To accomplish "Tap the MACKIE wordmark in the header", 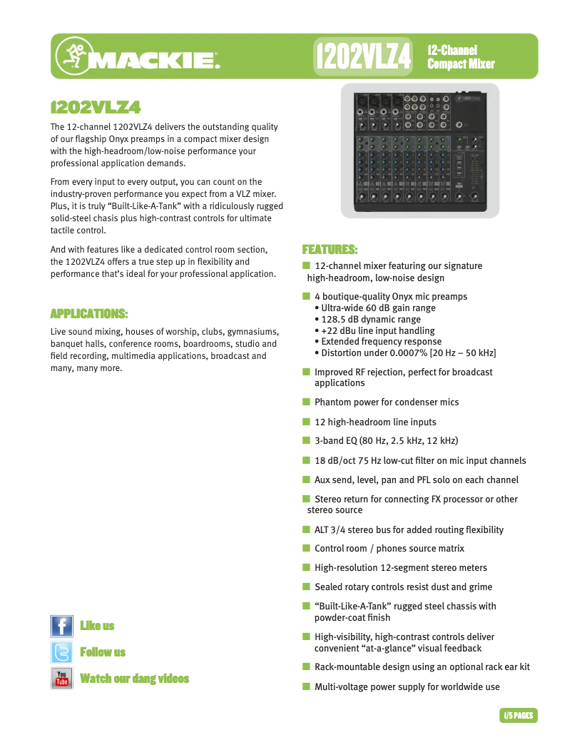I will pos(153,59).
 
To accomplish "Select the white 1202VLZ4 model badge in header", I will pos(364,56).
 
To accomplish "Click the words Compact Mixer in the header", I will pos(461,64).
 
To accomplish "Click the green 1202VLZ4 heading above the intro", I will pos(96,108).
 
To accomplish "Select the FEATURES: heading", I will pos(330,250).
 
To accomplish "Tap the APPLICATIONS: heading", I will pos(89,314).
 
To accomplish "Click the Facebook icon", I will pos(62,626).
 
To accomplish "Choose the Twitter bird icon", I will pos(62,652).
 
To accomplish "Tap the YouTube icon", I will pos(62,678).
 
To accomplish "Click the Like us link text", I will pos(97,626).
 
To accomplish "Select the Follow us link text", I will pos(103,652).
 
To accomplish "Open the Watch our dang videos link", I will pos(135,679).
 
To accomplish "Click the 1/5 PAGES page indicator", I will pos(519,715).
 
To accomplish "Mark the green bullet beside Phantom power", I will pos(306,402).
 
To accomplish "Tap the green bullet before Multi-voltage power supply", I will pos(306,686).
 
